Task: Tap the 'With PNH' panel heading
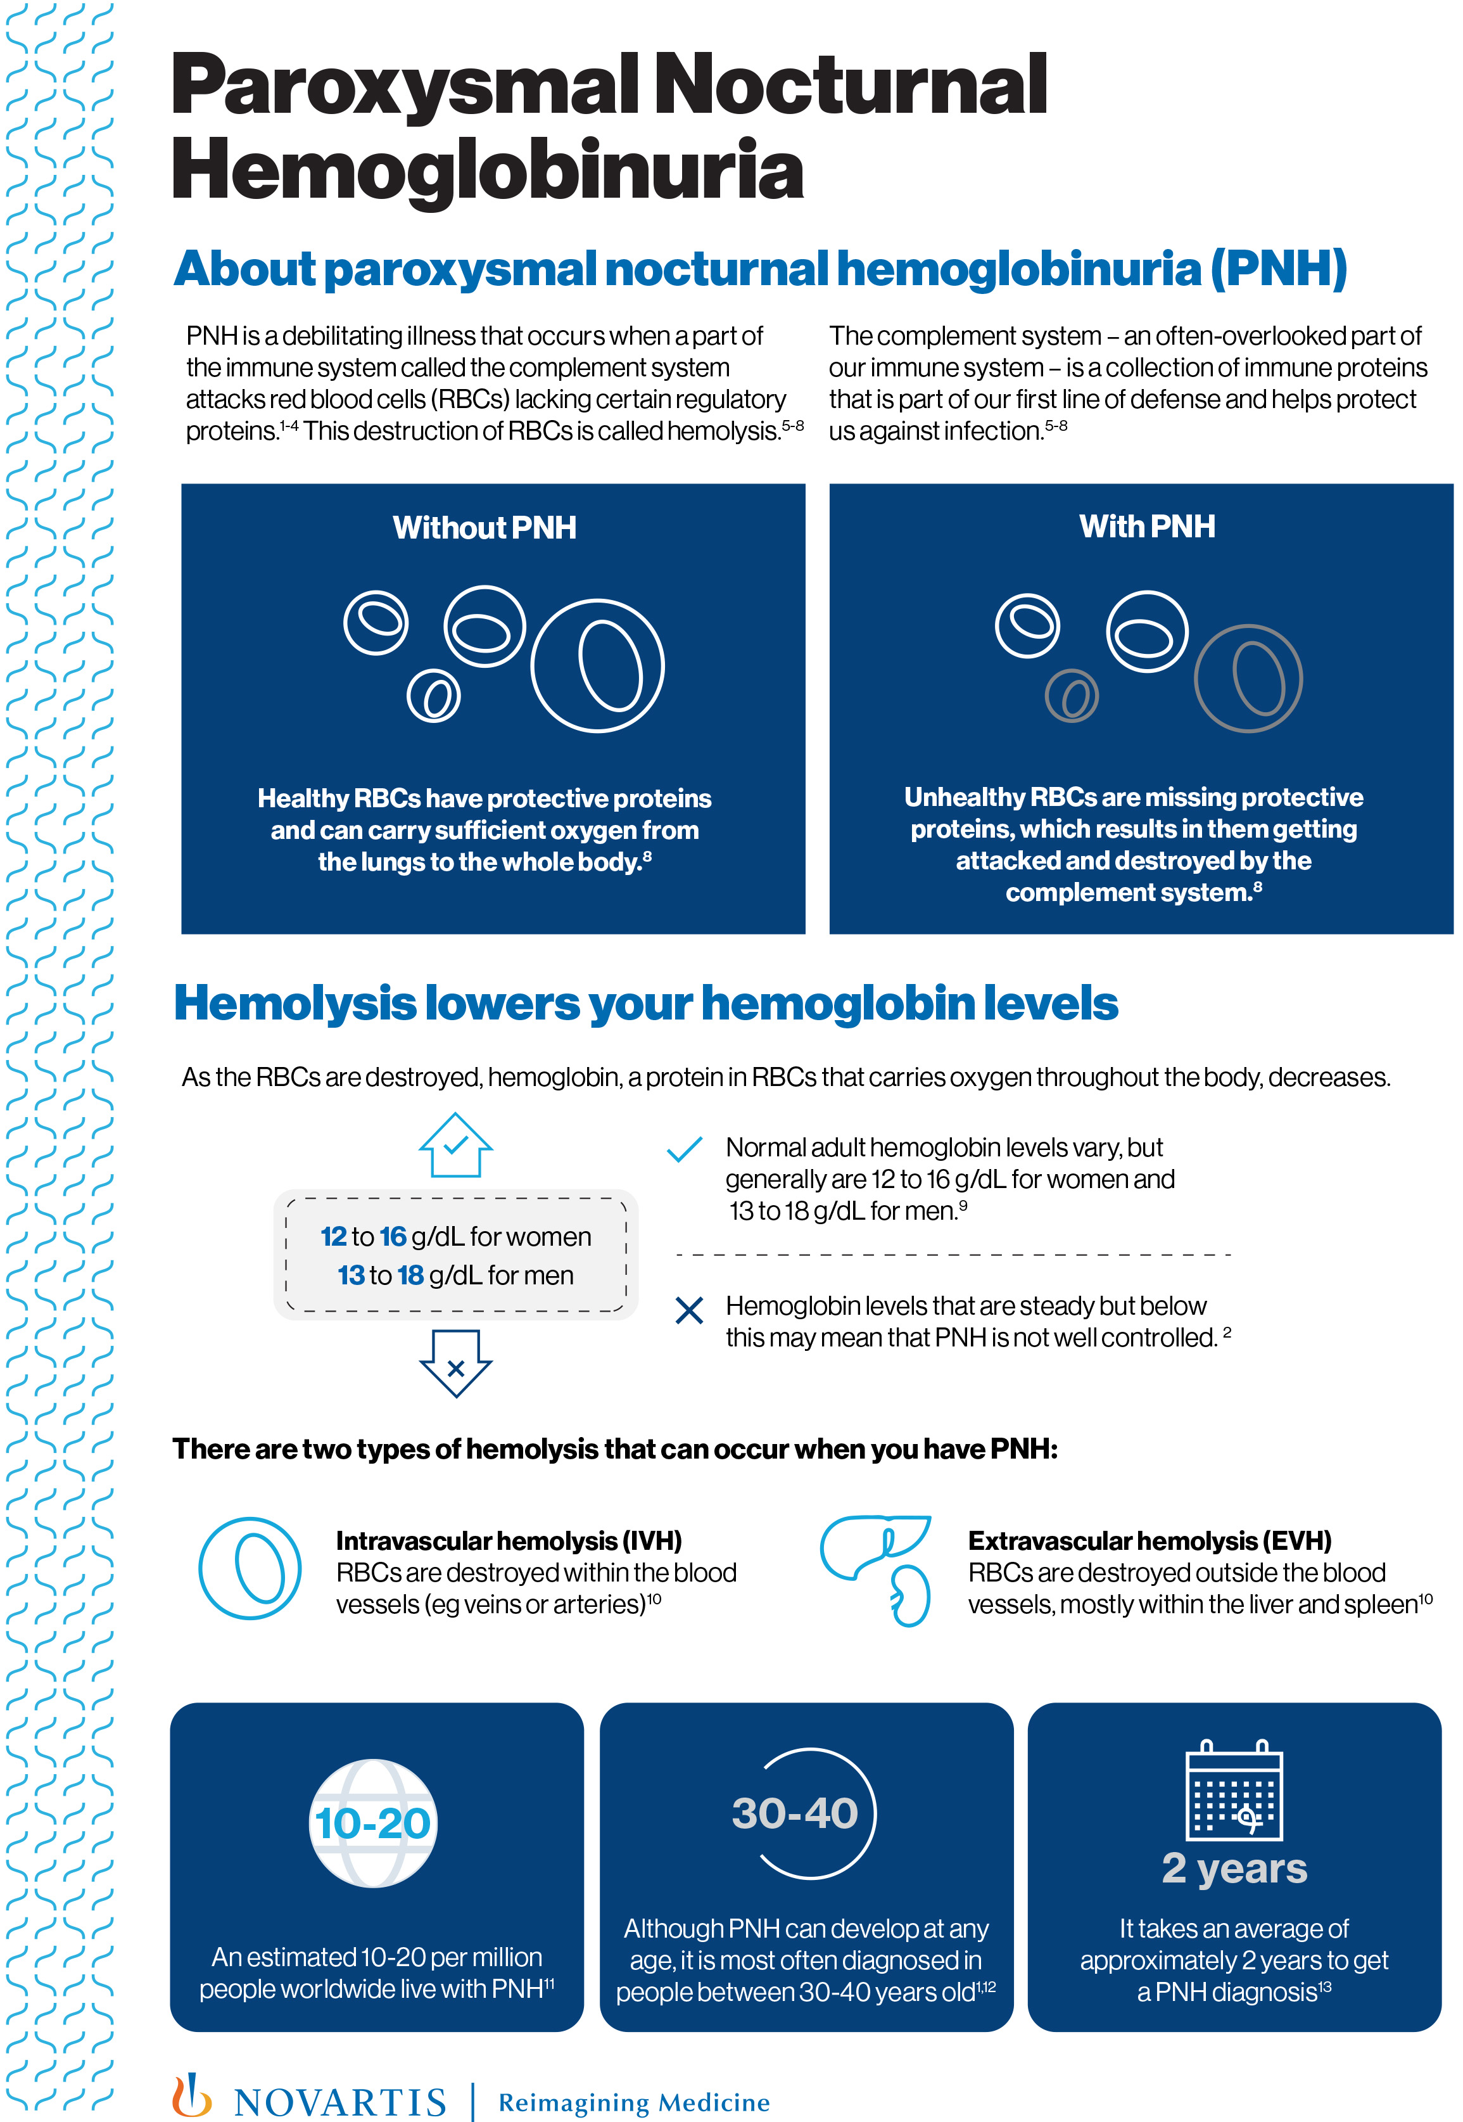point(1147,527)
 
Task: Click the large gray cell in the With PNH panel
point(1248,678)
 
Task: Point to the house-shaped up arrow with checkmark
point(455,1146)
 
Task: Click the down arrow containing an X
point(455,1364)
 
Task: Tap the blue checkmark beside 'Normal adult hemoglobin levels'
point(684,1149)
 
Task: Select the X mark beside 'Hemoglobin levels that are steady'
point(688,1310)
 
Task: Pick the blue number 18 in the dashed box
point(410,1275)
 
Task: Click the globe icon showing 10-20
point(373,1823)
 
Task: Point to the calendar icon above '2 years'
point(1234,1790)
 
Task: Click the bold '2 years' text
point(1234,1868)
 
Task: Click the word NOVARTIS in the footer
point(340,2102)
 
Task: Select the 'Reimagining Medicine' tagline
point(633,2102)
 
